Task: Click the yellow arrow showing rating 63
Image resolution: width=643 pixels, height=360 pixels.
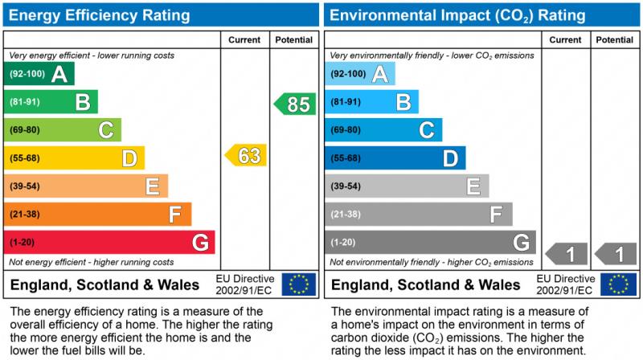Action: (246, 155)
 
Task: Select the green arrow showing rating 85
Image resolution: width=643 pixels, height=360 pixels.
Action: (295, 104)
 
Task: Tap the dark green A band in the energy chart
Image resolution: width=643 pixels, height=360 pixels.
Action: (39, 74)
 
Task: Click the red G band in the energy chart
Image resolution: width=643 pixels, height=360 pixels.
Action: (109, 242)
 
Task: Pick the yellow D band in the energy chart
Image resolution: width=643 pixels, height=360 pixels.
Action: (74, 158)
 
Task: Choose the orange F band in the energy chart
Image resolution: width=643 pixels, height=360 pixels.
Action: (97, 215)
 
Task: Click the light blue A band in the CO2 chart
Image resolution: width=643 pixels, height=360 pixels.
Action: (360, 74)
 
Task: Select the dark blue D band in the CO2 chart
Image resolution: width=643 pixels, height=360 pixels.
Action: (395, 158)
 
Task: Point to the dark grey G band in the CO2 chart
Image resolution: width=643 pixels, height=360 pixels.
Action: (430, 242)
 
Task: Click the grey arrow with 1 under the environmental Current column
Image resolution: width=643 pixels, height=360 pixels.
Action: (567, 255)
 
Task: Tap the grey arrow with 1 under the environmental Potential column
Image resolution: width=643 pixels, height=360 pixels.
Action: (616, 255)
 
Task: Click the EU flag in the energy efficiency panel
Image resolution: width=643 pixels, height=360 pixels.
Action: (299, 284)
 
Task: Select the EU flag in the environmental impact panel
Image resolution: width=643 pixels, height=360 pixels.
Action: (621, 284)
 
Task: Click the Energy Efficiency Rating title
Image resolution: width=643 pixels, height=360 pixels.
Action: (100, 14)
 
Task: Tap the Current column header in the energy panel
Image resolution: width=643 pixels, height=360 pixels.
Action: (244, 39)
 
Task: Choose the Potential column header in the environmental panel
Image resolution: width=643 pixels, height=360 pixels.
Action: (615, 39)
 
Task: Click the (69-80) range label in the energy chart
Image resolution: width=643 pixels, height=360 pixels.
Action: (25, 130)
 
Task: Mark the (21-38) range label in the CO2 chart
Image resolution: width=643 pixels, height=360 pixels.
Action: (346, 215)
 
